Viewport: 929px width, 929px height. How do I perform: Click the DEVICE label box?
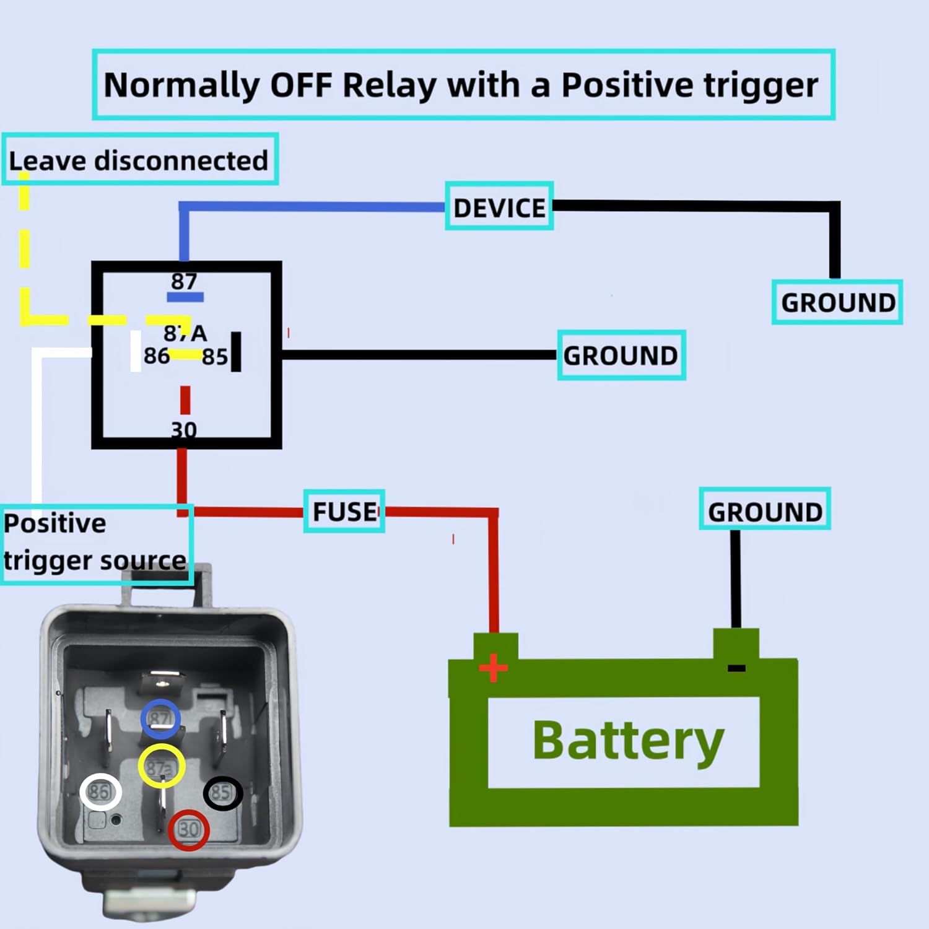[x=499, y=207]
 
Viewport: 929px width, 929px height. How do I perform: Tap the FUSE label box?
[x=344, y=512]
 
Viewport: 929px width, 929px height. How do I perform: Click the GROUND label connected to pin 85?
[x=621, y=355]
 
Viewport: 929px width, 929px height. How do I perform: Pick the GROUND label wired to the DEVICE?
[x=837, y=302]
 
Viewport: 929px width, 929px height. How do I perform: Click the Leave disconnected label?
[x=139, y=160]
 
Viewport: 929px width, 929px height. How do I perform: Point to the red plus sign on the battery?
[x=493, y=668]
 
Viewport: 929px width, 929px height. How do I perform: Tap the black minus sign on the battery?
[x=736, y=668]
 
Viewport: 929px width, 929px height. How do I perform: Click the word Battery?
[x=628, y=741]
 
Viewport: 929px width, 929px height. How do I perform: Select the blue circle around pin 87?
[x=160, y=718]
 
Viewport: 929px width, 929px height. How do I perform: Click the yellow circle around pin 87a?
[x=161, y=767]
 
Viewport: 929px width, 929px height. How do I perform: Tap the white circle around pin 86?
[x=100, y=792]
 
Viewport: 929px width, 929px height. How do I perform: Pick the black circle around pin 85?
[x=222, y=793]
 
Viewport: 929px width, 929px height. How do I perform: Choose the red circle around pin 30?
[x=188, y=830]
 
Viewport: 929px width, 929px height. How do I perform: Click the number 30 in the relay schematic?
[x=184, y=429]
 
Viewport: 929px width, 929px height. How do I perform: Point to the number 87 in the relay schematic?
[x=184, y=282]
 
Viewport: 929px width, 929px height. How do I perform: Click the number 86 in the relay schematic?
[x=156, y=356]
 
